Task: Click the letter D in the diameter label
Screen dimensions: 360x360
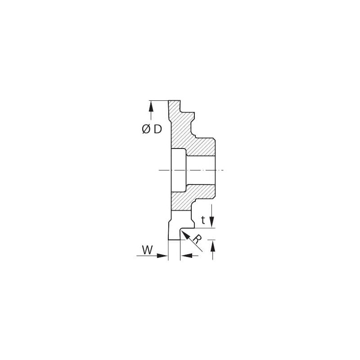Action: click(x=158, y=129)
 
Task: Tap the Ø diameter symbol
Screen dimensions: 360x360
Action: click(x=146, y=129)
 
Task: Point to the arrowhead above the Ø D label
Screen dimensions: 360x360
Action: click(x=151, y=107)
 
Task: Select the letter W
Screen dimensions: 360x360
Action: click(x=147, y=250)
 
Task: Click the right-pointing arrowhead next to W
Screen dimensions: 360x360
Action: click(x=162, y=256)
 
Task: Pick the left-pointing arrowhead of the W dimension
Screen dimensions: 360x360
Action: click(x=186, y=256)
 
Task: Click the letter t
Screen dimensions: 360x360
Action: click(x=203, y=220)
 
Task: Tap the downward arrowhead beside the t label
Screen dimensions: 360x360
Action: click(x=212, y=222)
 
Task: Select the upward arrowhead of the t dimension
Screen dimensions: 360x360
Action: click(x=213, y=246)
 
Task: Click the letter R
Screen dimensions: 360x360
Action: click(x=197, y=239)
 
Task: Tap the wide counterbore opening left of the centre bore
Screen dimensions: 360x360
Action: click(x=178, y=171)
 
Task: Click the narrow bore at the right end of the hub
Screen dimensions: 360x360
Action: click(x=201, y=171)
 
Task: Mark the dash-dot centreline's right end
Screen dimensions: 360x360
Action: click(x=224, y=171)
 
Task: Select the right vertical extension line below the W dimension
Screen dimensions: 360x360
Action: click(x=180, y=250)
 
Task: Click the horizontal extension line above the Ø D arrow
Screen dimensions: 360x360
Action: click(x=159, y=100)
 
